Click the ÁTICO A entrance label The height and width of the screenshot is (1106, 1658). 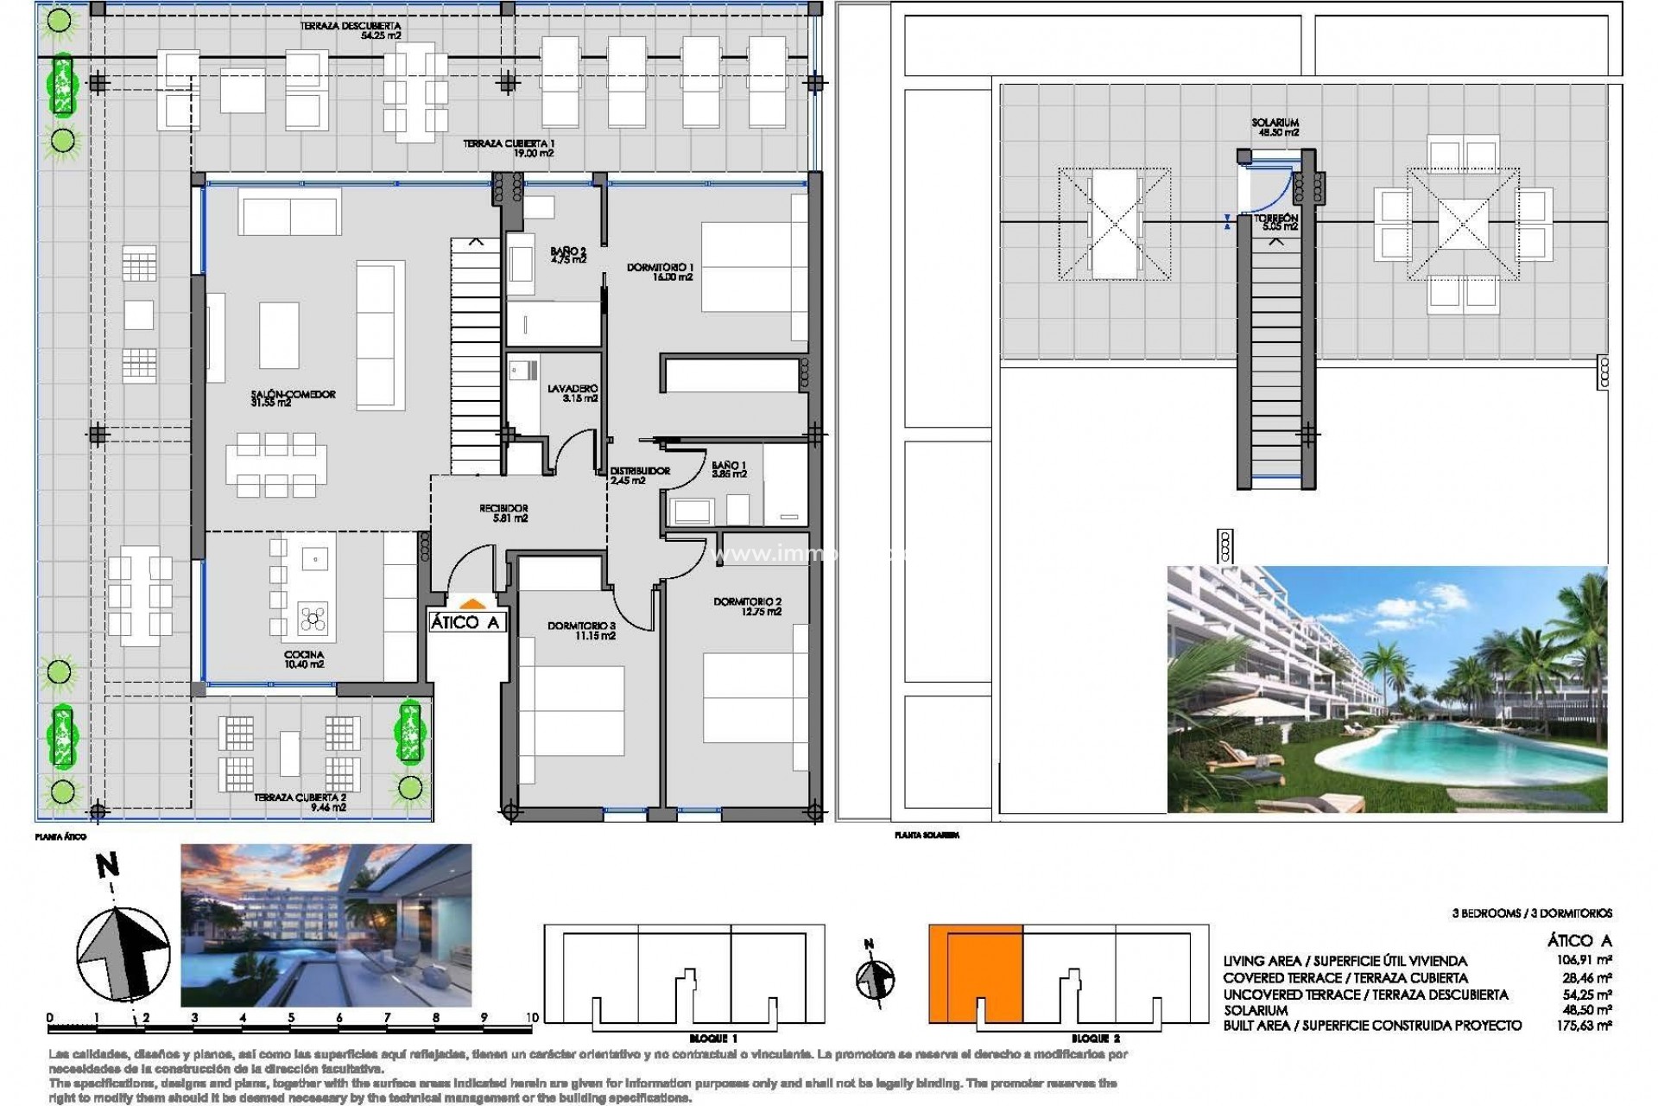click(465, 622)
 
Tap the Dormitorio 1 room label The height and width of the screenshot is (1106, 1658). click(660, 272)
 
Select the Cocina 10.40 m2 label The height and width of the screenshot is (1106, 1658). click(303, 660)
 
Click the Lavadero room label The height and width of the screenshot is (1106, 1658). click(572, 394)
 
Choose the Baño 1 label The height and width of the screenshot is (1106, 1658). click(729, 469)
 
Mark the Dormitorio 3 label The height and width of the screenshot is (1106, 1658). click(581, 631)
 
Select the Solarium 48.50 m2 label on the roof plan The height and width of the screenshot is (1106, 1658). click(1275, 128)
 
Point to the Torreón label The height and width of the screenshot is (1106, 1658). click(1275, 223)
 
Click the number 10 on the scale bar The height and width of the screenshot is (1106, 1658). click(531, 1018)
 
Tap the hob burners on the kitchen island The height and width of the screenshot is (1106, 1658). click(312, 617)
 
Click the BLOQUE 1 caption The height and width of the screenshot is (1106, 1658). click(713, 1038)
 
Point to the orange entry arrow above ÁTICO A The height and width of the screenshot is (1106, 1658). click(471, 604)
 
